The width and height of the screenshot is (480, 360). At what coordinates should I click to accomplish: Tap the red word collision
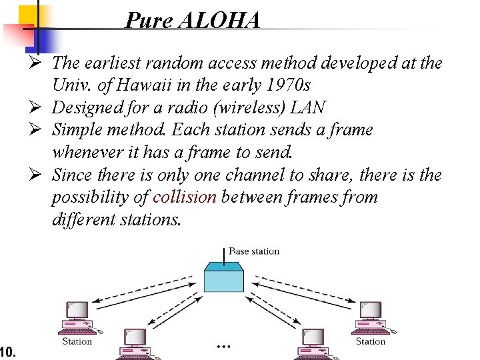point(185,197)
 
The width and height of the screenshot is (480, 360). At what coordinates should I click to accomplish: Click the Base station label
point(254,251)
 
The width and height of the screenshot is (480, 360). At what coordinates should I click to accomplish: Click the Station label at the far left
point(77,341)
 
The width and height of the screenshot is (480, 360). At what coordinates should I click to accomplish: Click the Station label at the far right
point(370,341)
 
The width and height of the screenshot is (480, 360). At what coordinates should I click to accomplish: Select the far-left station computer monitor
point(77,310)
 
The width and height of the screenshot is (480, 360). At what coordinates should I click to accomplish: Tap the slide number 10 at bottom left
point(7,351)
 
